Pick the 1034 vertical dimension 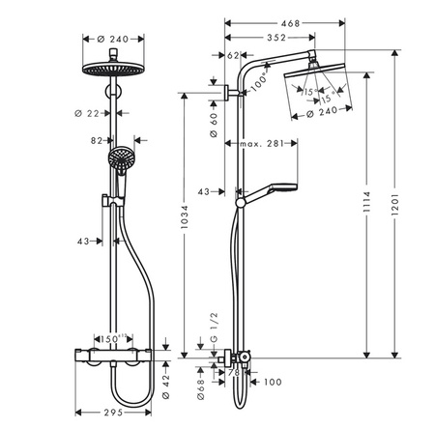click(190, 224)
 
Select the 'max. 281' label click(260, 144)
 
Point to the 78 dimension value click(232, 373)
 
